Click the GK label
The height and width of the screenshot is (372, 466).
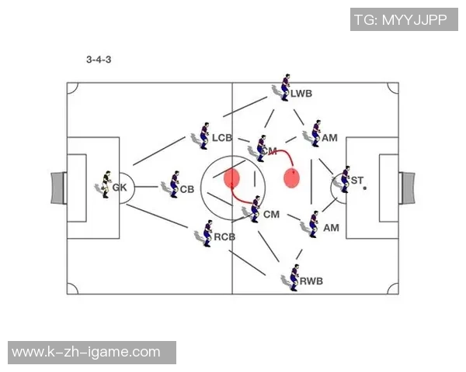119,188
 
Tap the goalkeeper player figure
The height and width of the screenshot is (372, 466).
105,184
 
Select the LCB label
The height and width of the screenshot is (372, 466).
222,138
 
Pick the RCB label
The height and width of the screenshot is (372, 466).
224,236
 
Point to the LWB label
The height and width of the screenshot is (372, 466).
301,94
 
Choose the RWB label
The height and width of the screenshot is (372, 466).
311,281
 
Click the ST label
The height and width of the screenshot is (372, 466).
357,181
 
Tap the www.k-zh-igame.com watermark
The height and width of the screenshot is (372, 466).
86,353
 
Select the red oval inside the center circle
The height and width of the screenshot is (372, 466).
231,179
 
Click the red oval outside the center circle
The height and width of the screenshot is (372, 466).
292,178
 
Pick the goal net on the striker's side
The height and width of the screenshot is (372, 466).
408,188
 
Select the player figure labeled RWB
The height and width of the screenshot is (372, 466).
294,277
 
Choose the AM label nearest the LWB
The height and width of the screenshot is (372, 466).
330,138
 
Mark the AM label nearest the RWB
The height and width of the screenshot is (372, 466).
332,228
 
